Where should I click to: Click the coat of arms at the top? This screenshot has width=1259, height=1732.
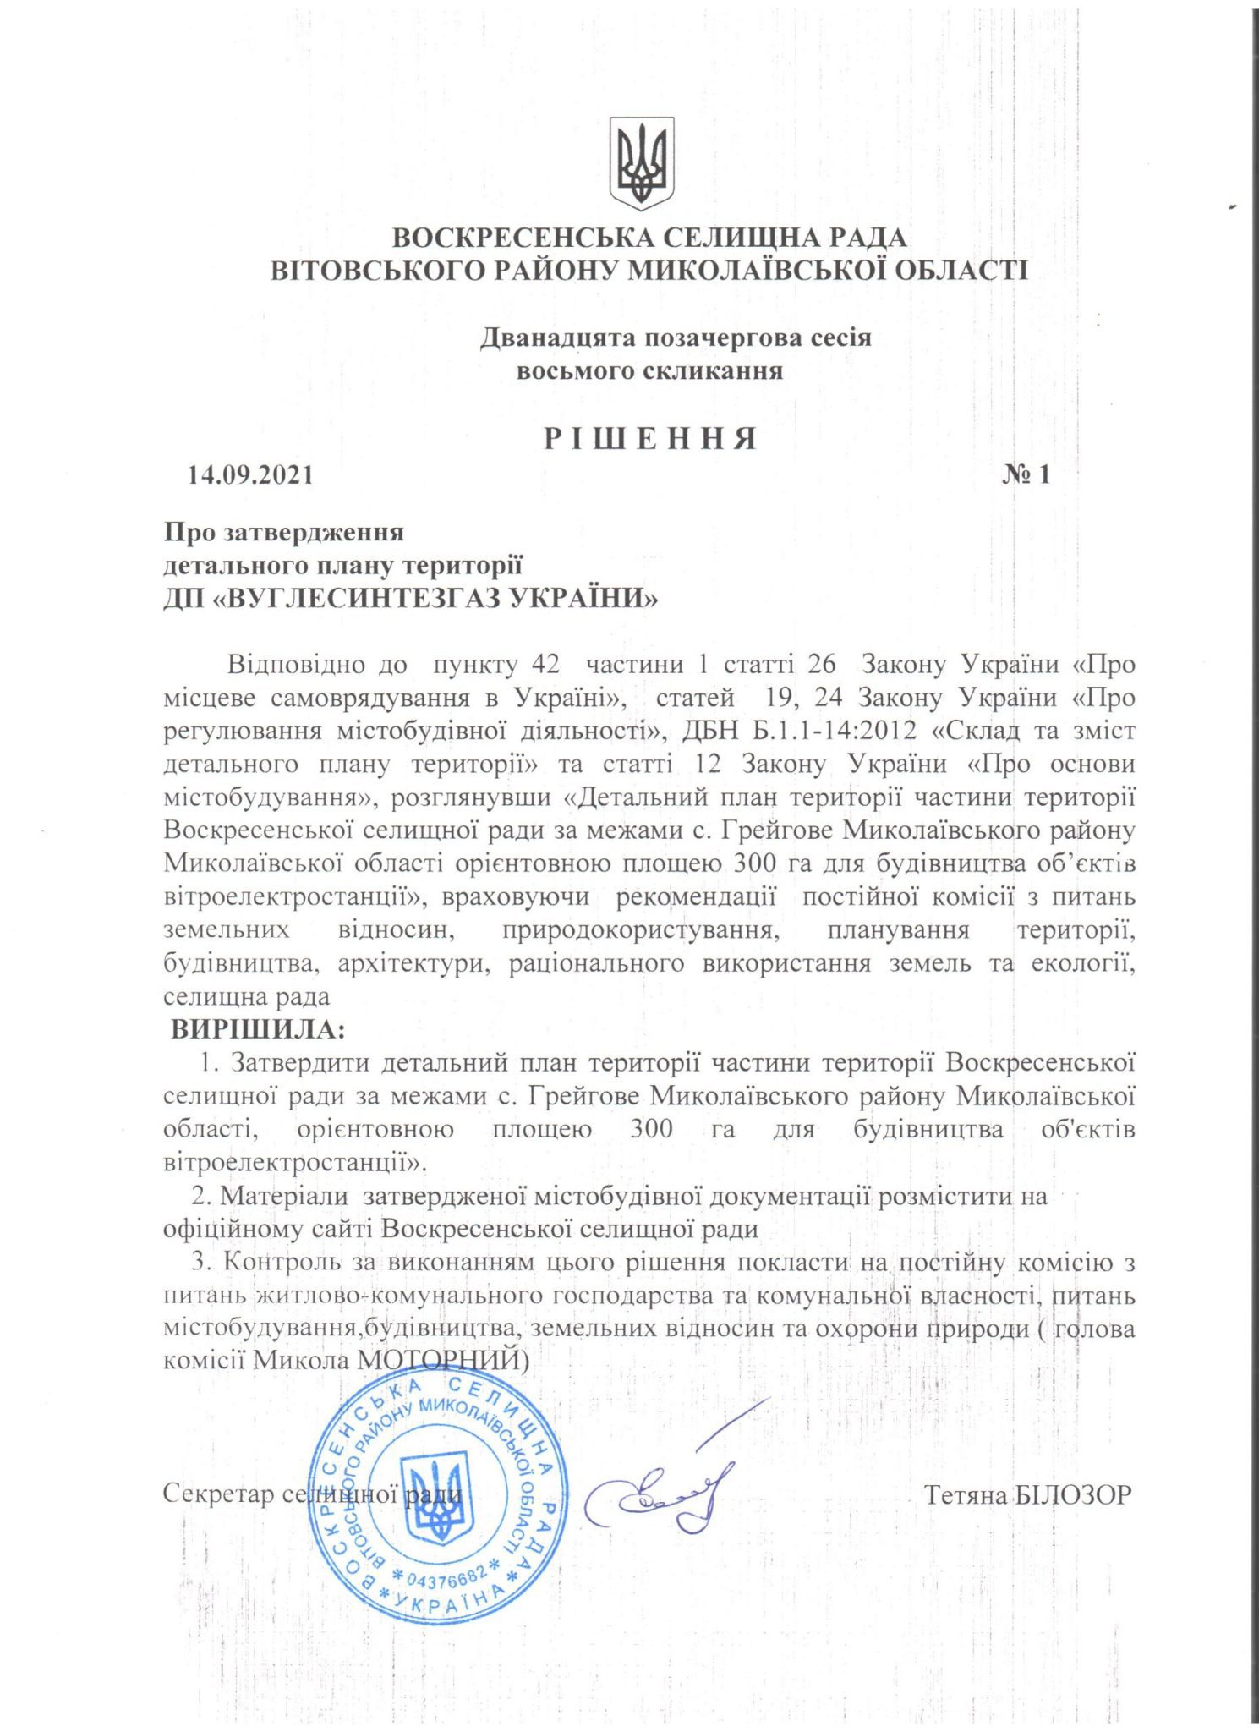pos(642,163)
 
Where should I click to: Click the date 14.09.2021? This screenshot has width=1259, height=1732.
pos(250,474)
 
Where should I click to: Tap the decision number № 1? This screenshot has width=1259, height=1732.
pos(1026,474)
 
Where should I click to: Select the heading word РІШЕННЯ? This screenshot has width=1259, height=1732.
pos(649,439)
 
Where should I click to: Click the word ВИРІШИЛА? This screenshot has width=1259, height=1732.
pos(258,1030)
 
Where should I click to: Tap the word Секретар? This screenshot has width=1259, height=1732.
pos(218,1494)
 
